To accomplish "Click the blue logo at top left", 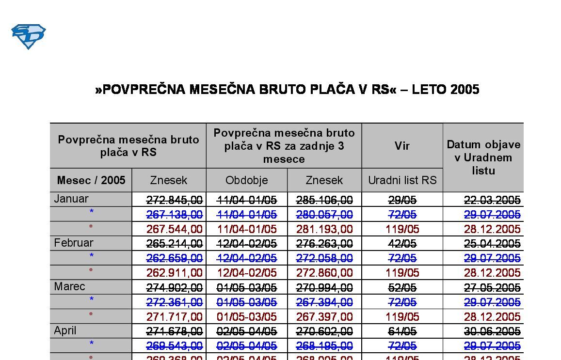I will (28, 36).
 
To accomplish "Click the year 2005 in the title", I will (465, 90).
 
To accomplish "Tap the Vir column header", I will (402, 146).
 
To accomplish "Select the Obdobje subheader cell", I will (246, 180).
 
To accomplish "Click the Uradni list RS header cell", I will (402, 180).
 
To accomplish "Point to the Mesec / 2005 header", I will (91, 180).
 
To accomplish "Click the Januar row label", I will (71, 199).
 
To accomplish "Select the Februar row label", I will (74, 243).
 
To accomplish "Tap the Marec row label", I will (69, 286).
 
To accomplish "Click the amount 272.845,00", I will (175, 200).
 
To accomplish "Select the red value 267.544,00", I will (175, 229).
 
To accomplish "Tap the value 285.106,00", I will (324, 200).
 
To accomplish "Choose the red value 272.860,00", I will (324, 273).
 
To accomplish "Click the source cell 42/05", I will (402, 243).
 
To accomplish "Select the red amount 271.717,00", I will (175, 317).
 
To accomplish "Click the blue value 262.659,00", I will (175, 258).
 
